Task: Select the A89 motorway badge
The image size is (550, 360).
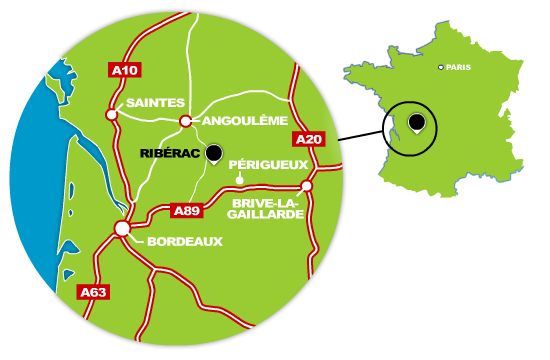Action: click(x=188, y=211)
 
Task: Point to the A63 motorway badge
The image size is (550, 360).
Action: click(x=92, y=292)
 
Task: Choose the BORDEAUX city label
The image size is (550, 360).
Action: click(x=184, y=242)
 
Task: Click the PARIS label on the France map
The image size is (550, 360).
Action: click(x=459, y=67)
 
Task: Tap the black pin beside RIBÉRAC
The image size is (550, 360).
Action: click(x=213, y=153)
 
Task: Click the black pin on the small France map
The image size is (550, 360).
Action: click(x=415, y=123)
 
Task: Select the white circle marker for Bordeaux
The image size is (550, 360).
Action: click(x=122, y=229)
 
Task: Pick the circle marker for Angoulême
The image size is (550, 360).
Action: click(x=185, y=121)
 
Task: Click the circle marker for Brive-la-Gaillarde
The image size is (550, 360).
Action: click(x=307, y=185)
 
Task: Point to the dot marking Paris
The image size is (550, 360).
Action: click(x=441, y=67)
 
